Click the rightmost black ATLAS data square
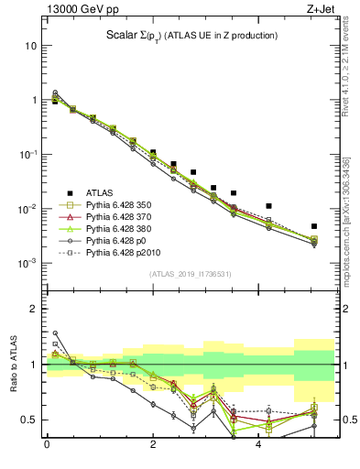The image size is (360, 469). [x=314, y=226]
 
